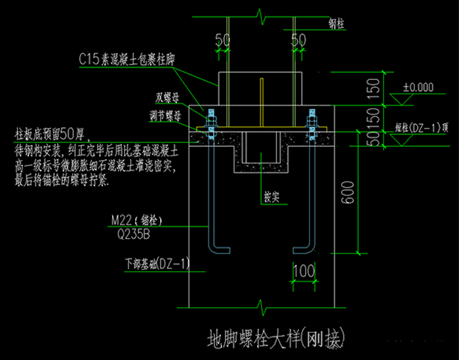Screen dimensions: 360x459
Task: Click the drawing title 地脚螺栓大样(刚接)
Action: tap(275, 340)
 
